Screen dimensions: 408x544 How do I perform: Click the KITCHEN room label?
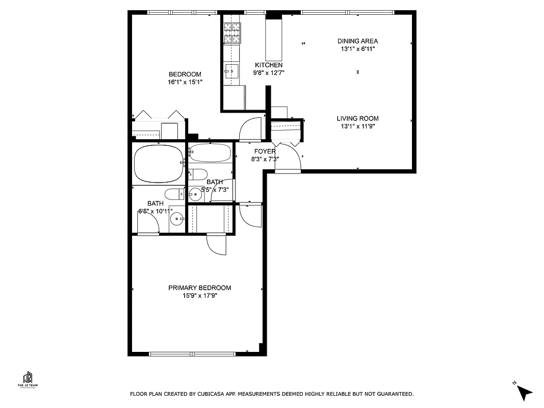coord(268,65)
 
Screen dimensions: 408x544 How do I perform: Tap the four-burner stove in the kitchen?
coord(232,33)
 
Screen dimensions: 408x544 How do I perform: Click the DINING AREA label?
coord(357,41)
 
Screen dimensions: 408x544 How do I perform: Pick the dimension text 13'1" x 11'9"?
coord(357,126)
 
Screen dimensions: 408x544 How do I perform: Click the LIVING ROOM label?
coord(357,118)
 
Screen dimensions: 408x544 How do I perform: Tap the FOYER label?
coord(265,151)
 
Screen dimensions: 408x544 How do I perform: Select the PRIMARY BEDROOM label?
coord(199,288)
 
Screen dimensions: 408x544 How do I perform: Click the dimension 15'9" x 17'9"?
coord(199,296)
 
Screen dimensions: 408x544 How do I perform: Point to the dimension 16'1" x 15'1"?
coord(185,82)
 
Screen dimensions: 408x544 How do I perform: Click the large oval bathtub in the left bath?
coord(159,164)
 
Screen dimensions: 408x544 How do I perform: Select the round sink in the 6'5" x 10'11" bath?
coord(177,219)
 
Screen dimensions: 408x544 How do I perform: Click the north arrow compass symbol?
coord(524,392)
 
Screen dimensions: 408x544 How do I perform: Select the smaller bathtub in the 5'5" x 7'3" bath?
coord(210,152)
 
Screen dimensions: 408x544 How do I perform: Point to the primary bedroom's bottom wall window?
coord(192,353)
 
